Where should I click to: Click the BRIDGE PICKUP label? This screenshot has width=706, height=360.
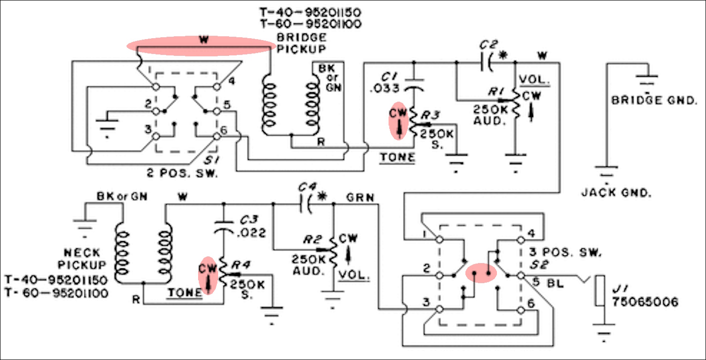[x=301, y=43]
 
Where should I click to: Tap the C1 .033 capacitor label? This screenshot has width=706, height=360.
[x=385, y=83]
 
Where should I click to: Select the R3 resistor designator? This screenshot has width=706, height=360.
[x=431, y=115]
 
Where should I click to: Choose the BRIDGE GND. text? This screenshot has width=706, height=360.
[x=654, y=100]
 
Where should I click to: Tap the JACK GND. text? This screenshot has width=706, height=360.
[x=616, y=192]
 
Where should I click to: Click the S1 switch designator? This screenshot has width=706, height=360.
[x=211, y=160]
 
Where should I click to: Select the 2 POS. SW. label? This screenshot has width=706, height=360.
[x=182, y=173]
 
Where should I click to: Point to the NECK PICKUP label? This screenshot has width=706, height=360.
[x=82, y=258]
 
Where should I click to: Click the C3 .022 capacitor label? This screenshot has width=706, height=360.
[x=252, y=226]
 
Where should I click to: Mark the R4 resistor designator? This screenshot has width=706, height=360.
[x=241, y=265]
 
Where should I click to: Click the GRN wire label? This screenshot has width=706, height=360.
[x=360, y=198]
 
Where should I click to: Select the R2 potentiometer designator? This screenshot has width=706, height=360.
[x=312, y=240]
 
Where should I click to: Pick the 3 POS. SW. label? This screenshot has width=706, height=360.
[x=565, y=252]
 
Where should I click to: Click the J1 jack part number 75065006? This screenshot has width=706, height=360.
[x=645, y=302]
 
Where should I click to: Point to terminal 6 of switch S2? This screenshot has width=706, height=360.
[x=521, y=310]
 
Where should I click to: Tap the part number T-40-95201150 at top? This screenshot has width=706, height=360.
[x=310, y=12]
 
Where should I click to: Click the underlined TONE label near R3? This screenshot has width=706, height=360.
[x=398, y=158]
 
